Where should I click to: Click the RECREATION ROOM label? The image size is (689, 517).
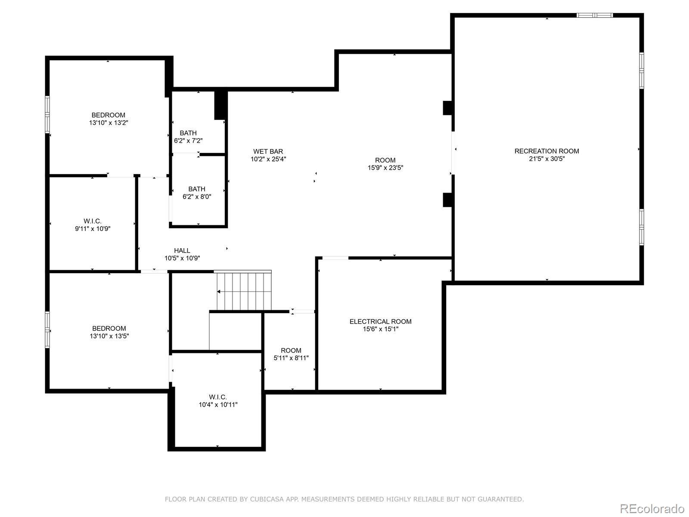tap(546, 151)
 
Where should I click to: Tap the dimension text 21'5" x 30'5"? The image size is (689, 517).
tap(547, 159)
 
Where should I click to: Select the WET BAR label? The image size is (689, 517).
tap(268, 151)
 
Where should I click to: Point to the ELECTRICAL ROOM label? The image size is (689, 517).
tap(380, 321)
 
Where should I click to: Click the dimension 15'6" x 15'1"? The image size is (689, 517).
tap(380, 329)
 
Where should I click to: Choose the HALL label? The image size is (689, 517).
tap(182, 250)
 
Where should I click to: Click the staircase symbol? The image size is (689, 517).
tap(244, 291)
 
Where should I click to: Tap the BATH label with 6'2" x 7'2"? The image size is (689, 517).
tap(188, 133)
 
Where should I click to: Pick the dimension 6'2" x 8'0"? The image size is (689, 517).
tap(197, 197)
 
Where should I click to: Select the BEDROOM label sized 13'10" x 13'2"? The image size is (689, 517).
tap(108, 115)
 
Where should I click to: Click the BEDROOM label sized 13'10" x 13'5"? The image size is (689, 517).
tap(109, 328)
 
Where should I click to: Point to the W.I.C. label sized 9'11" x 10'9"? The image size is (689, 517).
tap(92, 221)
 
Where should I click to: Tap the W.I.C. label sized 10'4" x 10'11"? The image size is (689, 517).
tap(218, 397)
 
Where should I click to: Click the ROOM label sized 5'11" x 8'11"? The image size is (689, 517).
tap(291, 350)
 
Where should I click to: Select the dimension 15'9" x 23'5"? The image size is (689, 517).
tap(385, 168)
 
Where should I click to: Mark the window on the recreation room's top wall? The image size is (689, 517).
tap(595, 15)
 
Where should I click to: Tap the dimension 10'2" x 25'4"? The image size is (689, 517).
tap(268, 159)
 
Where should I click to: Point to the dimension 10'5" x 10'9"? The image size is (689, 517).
tap(182, 258)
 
